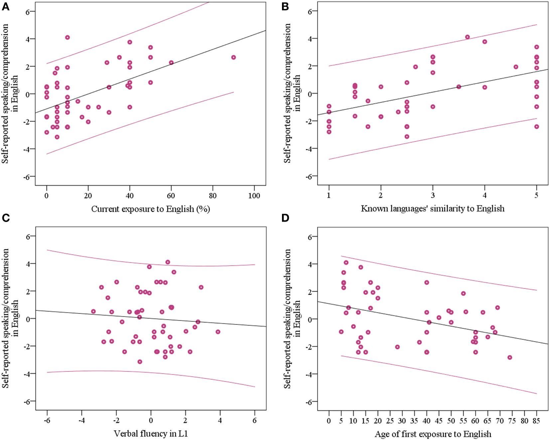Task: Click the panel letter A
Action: pyautogui.click(x=5, y=6)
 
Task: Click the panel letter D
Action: pyautogui.click(x=285, y=218)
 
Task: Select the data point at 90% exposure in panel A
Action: pyautogui.click(x=233, y=57)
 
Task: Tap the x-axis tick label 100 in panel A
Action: pyautogui.click(x=254, y=196)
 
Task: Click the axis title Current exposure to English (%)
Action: pyautogui.click(x=151, y=209)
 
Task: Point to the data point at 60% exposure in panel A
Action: pyautogui.click(x=171, y=62)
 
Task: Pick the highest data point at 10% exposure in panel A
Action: pyautogui.click(x=68, y=38)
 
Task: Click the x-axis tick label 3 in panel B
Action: pyautogui.click(x=433, y=195)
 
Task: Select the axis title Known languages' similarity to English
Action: pyautogui.click(x=433, y=209)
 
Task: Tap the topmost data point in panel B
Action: pyautogui.click(x=468, y=37)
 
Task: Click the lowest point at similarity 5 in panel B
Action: pyautogui.click(x=537, y=127)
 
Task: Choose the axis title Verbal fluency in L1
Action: pyautogui.click(x=151, y=434)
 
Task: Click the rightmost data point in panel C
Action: pyautogui.click(x=218, y=332)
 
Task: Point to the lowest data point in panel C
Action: pyautogui.click(x=140, y=362)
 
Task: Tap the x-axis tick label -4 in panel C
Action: pyautogui.click(x=81, y=420)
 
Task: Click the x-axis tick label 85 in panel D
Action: pyautogui.click(x=536, y=421)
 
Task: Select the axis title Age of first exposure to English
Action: pyautogui.click(x=433, y=434)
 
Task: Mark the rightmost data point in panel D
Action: pyautogui.click(x=510, y=357)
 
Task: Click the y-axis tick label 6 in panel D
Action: pyautogui.click(x=310, y=237)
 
